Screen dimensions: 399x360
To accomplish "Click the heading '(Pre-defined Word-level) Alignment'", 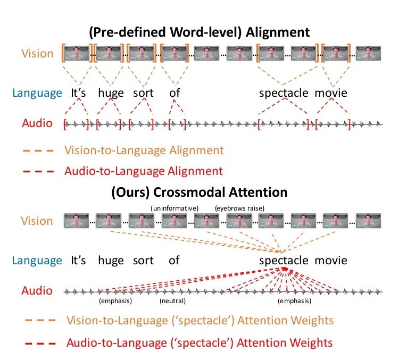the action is tap(199, 32).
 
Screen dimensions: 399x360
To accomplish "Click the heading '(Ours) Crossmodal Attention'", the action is tap(199, 192).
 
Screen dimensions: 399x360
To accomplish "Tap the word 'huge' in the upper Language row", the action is tap(111, 93).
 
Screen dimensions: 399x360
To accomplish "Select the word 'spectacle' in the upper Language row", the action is tap(284, 93).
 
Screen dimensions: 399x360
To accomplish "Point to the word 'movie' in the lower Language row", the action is tap(330, 261).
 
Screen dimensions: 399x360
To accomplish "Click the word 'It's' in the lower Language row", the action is tap(78, 261).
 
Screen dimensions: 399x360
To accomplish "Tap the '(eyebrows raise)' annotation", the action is tap(240, 207).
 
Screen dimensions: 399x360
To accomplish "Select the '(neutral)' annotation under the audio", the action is tap(172, 301).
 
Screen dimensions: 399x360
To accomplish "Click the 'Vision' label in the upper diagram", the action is tap(37, 54).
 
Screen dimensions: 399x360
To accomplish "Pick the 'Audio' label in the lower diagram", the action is tap(37, 291).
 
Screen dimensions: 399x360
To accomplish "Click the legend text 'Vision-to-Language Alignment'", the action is tap(144, 150).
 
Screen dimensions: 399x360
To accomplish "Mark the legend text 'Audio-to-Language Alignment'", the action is tap(143, 171).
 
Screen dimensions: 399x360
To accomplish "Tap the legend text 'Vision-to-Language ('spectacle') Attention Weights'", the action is tap(200, 321).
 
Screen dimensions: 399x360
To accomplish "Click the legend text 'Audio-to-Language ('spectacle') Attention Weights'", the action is tap(199, 342).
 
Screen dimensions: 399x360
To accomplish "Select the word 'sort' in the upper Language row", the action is tap(143, 93).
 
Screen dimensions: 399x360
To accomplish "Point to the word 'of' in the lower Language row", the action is tap(174, 261).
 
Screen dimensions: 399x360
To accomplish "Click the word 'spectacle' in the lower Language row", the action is tap(284, 261).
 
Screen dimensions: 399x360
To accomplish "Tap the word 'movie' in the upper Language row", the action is tap(330, 93).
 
